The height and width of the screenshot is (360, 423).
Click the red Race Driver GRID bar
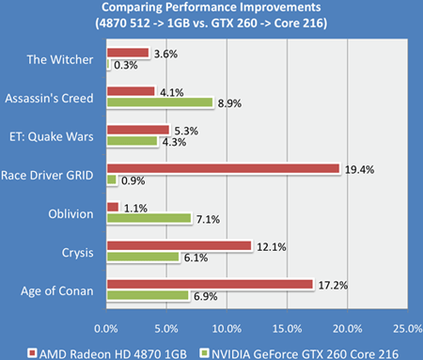click(223, 168)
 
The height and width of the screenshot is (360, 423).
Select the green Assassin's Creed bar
click(161, 102)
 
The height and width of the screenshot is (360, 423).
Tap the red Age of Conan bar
click(210, 284)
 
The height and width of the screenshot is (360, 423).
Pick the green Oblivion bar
click(149, 218)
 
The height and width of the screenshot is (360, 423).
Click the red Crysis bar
click(180, 245)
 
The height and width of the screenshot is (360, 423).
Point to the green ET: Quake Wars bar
click(133, 141)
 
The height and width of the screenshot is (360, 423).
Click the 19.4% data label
click(355, 168)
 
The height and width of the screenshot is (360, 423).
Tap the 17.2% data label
click(329, 283)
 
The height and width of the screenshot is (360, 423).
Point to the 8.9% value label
click(229, 102)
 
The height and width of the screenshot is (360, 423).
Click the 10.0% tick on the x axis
click(227, 327)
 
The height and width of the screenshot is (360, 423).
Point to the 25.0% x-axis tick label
click(407, 327)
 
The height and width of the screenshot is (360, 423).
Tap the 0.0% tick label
click(107, 327)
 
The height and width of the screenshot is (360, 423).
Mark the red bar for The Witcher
click(128, 53)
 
